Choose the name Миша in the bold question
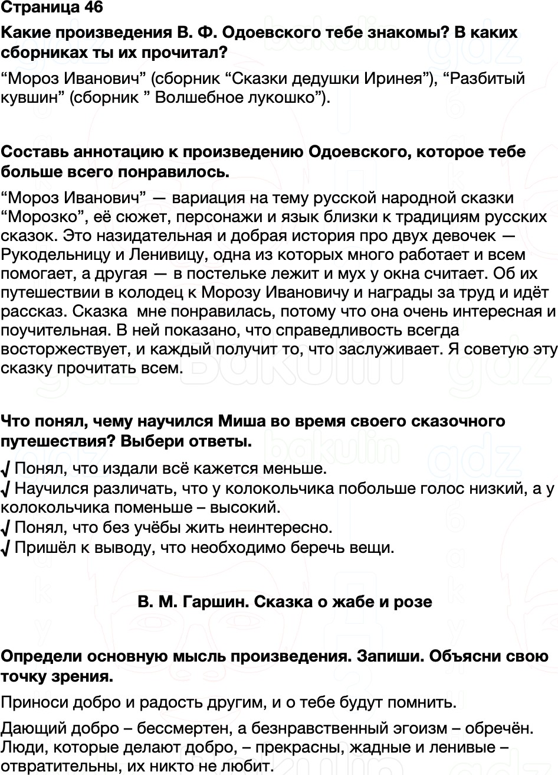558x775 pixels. tap(243, 421)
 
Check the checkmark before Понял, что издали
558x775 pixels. tap(5, 470)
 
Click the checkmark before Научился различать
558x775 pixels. tap(5, 489)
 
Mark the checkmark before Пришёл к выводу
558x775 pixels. tap(5, 548)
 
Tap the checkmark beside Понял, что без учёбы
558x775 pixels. tap(5, 527)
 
